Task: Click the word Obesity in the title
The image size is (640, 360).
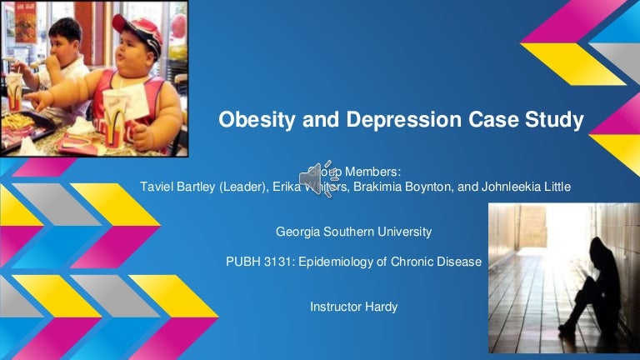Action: point(252,122)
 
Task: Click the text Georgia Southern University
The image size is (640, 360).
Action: point(353,231)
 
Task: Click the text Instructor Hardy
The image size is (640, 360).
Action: point(353,307)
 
